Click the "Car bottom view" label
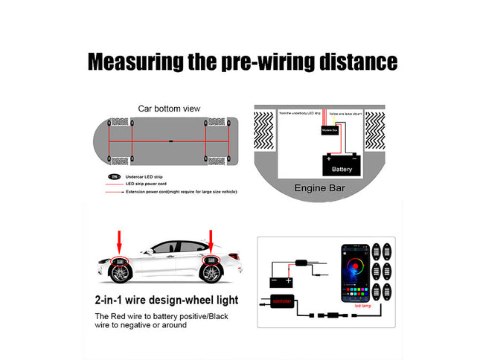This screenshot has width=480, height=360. (170, 109)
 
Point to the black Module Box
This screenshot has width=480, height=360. (330, 129)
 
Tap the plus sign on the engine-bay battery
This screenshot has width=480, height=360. (329, 158)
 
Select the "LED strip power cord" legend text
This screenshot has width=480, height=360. (146, 184)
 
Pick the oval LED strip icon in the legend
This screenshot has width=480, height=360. (114, 177)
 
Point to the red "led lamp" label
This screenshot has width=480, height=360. (364, 306)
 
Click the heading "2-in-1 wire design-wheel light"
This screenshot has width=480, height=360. (167, 300)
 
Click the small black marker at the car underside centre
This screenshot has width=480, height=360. (170, 141)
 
